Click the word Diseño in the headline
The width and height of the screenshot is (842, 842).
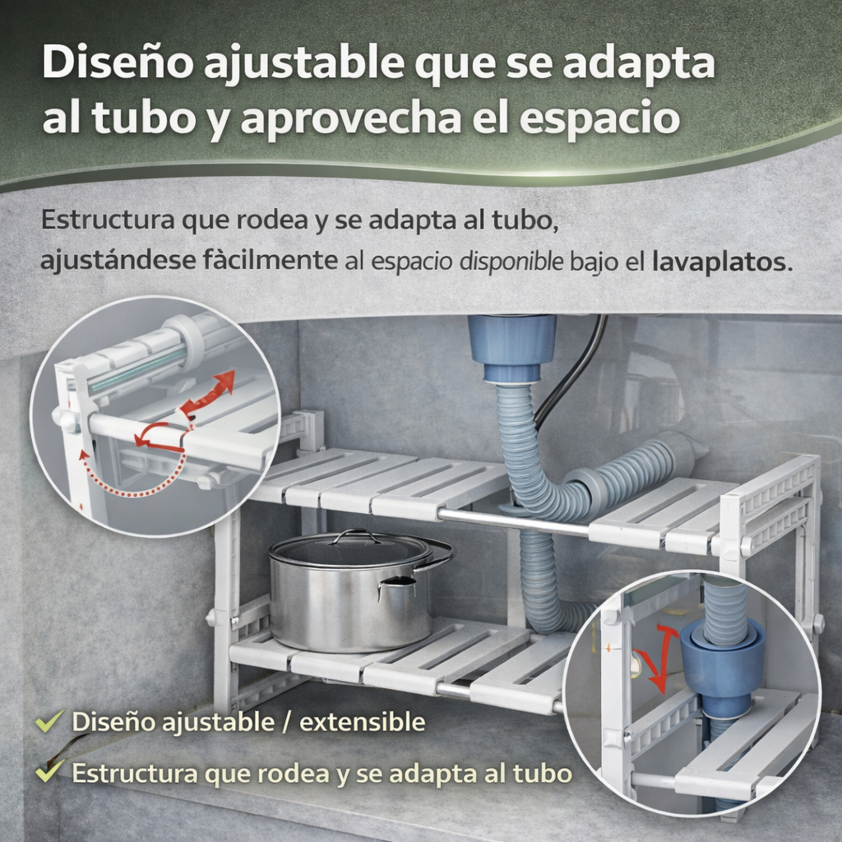[x=118, y=62]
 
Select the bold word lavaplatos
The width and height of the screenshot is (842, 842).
[x=722, y=262]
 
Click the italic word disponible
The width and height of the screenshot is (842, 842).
[x=511, y=261]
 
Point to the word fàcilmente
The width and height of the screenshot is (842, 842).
[x=270, y=261]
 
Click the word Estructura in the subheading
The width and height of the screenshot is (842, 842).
[x=108, y=220]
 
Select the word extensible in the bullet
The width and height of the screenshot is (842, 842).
[x=363, y=722]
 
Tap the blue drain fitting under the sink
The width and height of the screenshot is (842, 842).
[x=511, y=349]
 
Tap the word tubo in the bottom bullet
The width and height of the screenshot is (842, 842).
[x=542, y=773]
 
